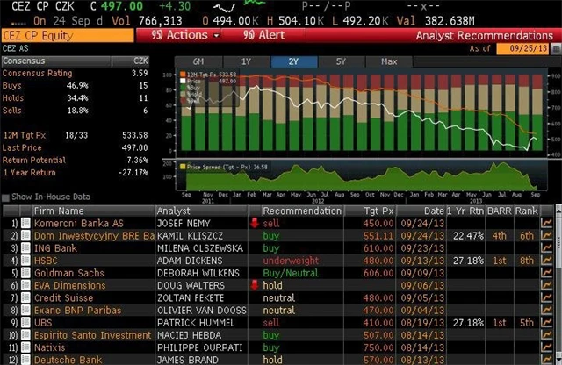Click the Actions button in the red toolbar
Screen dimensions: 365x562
[x=185, y=35]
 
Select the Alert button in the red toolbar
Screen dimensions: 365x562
[x=263, y=35]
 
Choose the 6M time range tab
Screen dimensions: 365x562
[x=198, y=61]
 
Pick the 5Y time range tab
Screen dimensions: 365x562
[x=341, y=61]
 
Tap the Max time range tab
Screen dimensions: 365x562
[x=389, y=61]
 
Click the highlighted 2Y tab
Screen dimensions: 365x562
[x=293, y=61]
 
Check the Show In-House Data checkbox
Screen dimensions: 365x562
[x=6, y=197]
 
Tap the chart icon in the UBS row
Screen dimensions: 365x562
[x=547, y=322]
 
